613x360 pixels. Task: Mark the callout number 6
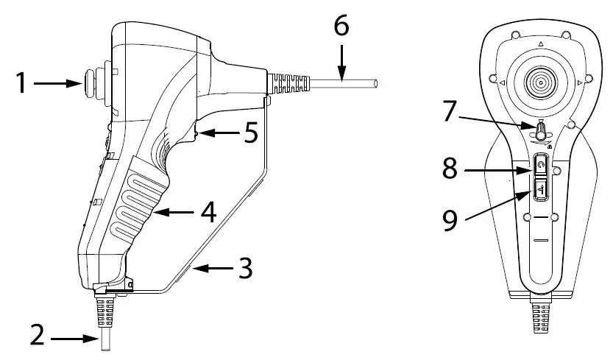[x=341, y=27]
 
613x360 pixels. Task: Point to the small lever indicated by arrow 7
[x=540, y=133]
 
